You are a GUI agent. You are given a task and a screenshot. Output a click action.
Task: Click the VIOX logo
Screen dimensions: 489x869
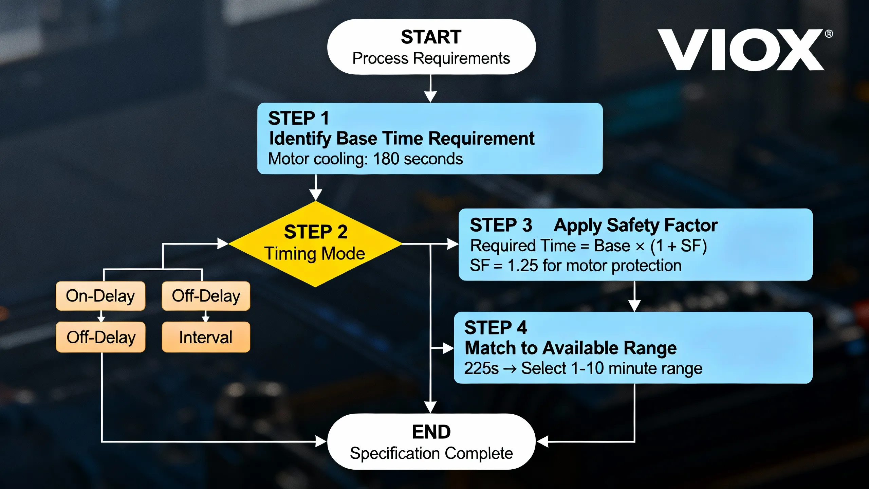(x=740, y=50)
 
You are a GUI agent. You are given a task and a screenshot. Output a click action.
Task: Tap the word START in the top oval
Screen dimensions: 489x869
(x=431, y=37)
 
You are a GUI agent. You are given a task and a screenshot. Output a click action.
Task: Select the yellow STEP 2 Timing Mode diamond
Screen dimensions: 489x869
(x=315, y=243)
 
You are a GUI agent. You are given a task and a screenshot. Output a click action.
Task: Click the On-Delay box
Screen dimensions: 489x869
(x=100, y=296)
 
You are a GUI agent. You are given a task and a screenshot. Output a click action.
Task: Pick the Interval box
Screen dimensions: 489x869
(x=206, y=337)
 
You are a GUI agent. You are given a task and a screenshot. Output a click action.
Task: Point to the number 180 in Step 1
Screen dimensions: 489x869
(x=386, y=159)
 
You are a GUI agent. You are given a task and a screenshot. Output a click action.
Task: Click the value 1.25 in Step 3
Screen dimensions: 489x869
(x=522, y=266)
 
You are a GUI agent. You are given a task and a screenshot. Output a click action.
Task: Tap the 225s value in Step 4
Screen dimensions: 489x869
(x=481, y=368)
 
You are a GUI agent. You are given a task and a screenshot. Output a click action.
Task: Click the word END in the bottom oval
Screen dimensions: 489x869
(x=431, y=432)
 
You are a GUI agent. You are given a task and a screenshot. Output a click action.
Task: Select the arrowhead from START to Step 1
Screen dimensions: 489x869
(x=430, y=97)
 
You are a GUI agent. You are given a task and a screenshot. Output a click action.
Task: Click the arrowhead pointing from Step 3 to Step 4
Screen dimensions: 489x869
(x=634, y=306)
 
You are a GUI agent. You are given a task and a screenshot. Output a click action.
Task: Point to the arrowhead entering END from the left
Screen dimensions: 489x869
(x=320, y=441)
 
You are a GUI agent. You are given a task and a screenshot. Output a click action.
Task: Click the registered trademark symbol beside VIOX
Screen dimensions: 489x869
(x=829, y=34)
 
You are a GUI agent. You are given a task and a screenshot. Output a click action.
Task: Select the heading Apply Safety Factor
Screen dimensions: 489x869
(x=635, y=225)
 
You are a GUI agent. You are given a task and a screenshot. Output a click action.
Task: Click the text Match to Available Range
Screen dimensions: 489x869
(x=570, y=348)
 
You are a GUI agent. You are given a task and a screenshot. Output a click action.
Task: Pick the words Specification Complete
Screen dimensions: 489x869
(x=431, y=453)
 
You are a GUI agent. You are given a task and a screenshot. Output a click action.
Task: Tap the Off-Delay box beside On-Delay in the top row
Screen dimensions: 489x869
(x=206, y=296)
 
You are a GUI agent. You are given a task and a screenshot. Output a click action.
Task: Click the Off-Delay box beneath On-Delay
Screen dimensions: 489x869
(x=100, y=337)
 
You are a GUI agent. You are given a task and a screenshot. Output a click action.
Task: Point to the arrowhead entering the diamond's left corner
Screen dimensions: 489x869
(x=223, y=243)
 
